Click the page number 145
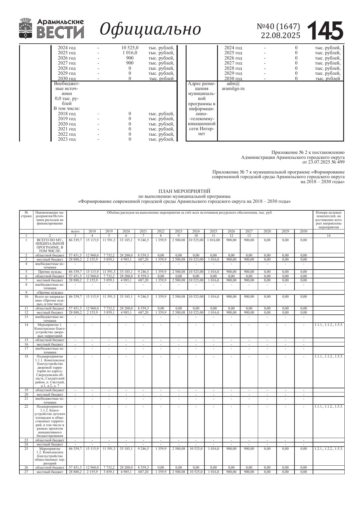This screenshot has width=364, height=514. point(325,30)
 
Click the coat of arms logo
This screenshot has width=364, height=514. point(26,28)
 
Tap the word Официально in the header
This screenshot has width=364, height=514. point(150,29)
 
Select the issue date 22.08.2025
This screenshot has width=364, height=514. point(280,35)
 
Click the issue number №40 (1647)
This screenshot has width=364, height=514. point(278,26)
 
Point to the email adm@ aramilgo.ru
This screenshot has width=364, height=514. point(233,86)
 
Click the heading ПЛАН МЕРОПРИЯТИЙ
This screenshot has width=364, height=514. point(184,191)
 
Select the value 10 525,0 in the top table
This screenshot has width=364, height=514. point(130,47)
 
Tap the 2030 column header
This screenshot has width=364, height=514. point(304,231)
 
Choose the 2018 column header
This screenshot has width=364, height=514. point(92,231)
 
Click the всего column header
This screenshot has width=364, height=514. point(75,231)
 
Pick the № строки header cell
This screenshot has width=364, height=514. point(26,214)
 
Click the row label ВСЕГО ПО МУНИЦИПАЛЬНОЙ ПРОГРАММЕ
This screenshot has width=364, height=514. point(50,245)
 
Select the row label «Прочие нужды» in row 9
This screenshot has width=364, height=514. point(50,292)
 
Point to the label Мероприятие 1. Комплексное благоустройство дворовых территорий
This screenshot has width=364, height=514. point(50,330)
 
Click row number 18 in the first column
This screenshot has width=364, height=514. point(26,356)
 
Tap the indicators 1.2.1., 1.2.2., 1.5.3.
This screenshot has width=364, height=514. point(329,449)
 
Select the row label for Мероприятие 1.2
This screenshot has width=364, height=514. point(50,456)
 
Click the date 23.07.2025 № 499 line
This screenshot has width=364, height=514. point(324,162)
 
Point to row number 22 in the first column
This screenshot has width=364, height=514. point(26,406)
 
